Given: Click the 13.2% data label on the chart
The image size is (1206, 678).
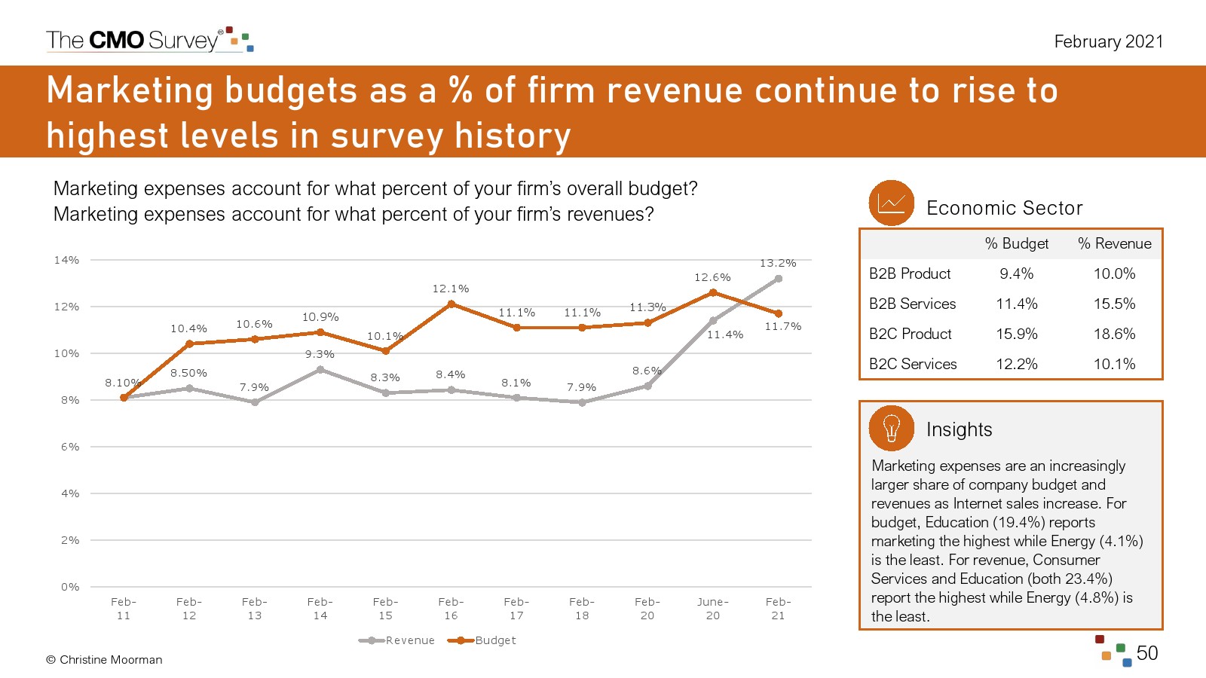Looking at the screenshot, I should tap(777, 263).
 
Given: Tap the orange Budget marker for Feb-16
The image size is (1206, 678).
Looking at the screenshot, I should tap(451, 304).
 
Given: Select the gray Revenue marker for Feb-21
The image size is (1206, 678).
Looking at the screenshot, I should tap(778, 279).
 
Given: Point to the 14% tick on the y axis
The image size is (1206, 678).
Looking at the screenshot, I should tap(66, 260).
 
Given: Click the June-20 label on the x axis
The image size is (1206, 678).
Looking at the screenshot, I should tap(712, 609).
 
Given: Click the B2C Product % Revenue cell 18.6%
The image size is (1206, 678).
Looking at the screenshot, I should tap(1114, 334).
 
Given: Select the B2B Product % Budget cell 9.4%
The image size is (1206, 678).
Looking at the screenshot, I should tap(1016, 273).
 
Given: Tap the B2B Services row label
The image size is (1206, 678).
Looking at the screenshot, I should tap(912, 304).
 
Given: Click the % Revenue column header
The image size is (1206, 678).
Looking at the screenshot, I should tap(1114, 243).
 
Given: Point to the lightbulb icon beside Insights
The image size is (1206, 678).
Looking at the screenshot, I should tap(891, 428).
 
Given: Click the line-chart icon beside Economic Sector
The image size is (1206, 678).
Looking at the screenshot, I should tap(891, 203).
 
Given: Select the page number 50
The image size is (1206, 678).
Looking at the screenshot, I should tap(1146, 653).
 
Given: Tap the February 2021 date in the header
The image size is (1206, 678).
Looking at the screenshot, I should tap(1108, 41).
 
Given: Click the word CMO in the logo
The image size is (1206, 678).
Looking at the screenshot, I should tap(116, 40).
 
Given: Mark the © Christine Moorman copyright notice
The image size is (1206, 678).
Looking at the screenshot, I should tap(104, 660).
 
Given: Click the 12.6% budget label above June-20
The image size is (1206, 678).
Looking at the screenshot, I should tap(712, 277).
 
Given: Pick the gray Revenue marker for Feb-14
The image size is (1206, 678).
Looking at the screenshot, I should tap(320, 370).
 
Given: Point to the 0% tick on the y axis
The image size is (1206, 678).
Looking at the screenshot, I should tap(70, 587).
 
